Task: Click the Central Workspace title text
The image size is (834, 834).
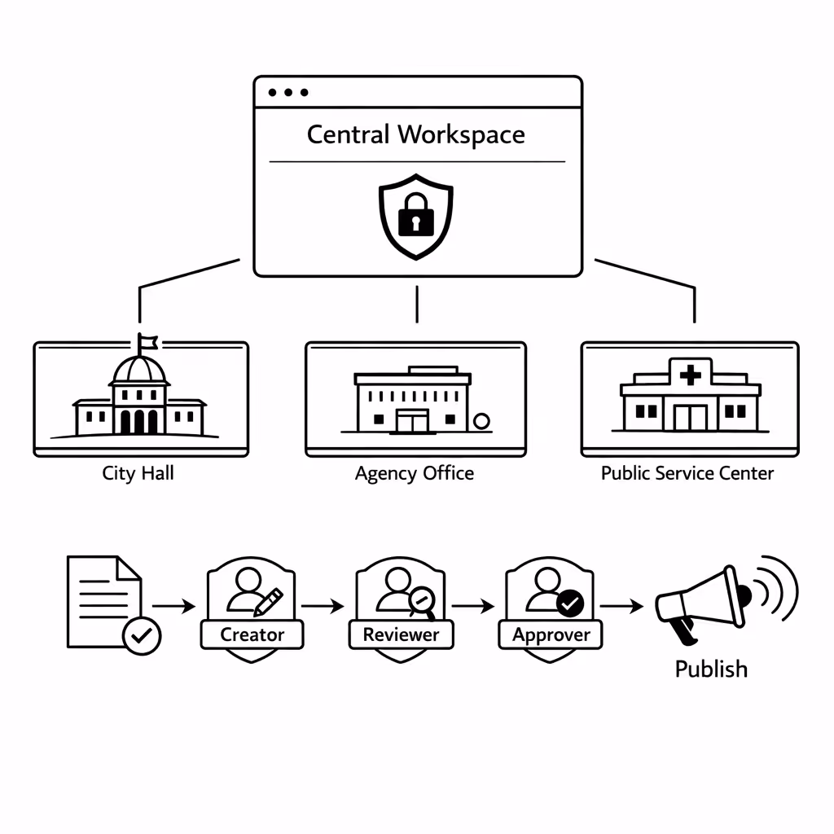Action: point(415,134)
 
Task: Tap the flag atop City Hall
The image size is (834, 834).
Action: point(147,342)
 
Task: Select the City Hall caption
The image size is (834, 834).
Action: point(138,473)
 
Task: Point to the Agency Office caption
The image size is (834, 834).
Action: point(415,473)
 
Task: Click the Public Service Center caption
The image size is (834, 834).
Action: point(687,473)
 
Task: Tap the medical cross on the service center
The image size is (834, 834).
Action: point(690,375)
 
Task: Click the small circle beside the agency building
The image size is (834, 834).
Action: point(481,421)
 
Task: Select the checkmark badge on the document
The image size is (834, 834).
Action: point(142,635)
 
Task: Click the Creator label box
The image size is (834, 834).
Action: point(252,634)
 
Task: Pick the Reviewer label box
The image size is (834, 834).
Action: point(401,634)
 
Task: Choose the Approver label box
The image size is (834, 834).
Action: point(551,634)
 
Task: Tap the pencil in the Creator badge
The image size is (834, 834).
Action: point(269,602)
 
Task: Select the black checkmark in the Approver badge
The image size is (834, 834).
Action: point(571,603)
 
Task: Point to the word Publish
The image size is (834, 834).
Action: point(711,669)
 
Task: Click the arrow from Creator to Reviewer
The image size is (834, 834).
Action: point(323,606)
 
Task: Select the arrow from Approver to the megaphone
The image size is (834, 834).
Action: point(623,606)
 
